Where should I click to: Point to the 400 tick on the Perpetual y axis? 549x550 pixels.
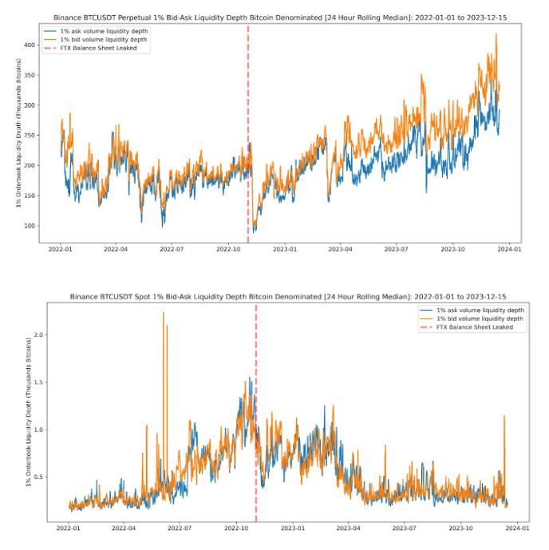click(31, 45)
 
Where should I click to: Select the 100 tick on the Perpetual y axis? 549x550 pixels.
click(31, 225)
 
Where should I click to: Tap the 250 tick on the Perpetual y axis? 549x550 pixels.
click(31, 135)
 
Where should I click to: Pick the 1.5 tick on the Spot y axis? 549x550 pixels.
click(35, 382)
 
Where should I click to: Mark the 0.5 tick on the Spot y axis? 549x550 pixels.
click(35, 477)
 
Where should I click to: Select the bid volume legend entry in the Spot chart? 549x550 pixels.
click(479, 318)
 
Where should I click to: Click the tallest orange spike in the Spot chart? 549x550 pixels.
click(163, 314)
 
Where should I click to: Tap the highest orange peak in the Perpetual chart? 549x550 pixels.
click(496, 34)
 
